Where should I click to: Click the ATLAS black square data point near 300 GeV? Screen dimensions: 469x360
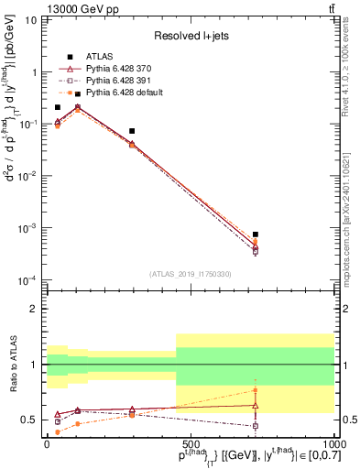tap(133, 131)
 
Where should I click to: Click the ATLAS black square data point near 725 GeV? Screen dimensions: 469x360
tap(256, 234)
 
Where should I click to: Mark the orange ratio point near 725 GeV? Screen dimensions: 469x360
tap(256, 389)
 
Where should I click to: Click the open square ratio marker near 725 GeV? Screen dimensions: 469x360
tap(256, 426)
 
